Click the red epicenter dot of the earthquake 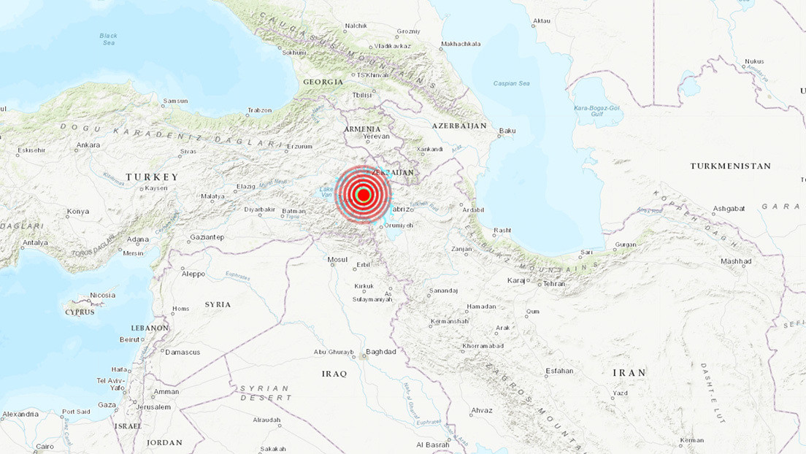(363, 194)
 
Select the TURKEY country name (152, 177)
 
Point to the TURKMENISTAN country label (731, 166)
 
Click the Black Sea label (108, 39)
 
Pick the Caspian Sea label (511, 83)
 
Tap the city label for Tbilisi (362, 95)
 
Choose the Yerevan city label (377, 136)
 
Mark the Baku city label (507, 131)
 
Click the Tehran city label (555, 283)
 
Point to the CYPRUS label (80, 312)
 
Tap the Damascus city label (183, 352)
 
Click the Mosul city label (337, 259)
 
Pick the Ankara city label (88, 145)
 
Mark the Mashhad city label (736, 261)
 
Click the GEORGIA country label (323, 82)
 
